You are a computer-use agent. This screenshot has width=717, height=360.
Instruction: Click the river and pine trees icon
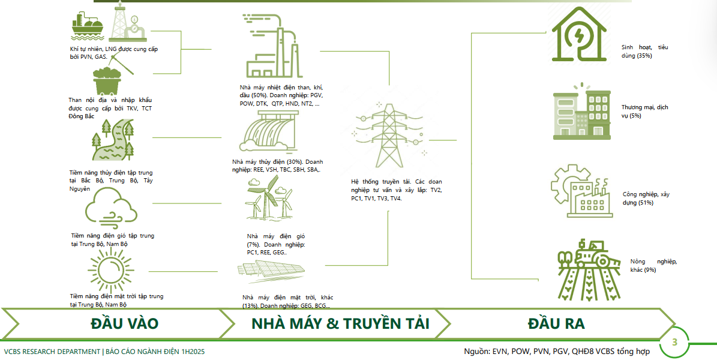tap(113, 140)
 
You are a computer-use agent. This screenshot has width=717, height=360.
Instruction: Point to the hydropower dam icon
tap(266, 130)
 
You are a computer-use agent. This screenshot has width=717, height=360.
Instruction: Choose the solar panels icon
tap(270, 269)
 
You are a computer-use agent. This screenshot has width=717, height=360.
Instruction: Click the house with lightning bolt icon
tap(579, 34)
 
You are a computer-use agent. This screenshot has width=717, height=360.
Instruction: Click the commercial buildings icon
tap(581, 112)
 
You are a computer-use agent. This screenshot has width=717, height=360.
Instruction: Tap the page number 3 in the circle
tap(674, 343)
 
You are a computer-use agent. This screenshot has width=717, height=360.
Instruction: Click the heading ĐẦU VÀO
tap(124, 323)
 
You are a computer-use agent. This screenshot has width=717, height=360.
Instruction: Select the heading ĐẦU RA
tap(556, 323)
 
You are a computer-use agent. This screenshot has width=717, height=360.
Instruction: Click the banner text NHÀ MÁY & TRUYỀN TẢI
tap(340, 323)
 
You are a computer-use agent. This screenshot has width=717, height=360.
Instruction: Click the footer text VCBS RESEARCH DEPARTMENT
tap(52, 352)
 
